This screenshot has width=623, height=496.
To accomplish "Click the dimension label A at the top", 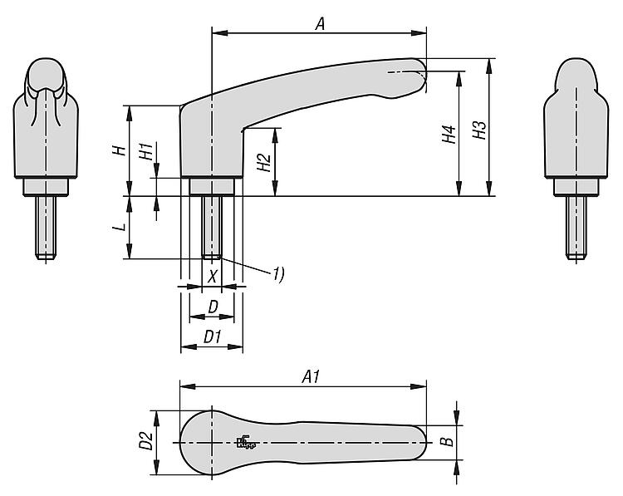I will click(319, 25).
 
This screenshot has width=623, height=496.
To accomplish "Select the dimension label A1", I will click(311, 376).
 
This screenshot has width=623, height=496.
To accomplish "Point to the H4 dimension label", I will click(449, 135).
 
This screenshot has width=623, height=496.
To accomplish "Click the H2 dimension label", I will click(263, 162).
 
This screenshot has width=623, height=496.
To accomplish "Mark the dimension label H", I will click(119, 150).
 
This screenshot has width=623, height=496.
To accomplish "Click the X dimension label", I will click(213, 275).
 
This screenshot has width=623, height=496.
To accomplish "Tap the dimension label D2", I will click(145, 441).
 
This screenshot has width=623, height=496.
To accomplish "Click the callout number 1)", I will click(277, 273).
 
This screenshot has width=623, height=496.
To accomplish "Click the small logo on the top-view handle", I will click(244, 443).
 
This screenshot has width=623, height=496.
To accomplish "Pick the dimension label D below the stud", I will click(213, 307).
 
